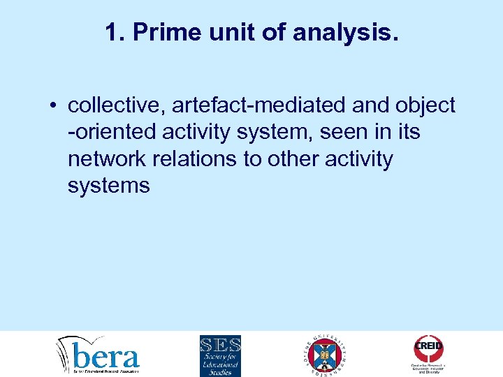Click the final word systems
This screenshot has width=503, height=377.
109,185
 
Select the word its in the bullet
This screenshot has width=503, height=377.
407,132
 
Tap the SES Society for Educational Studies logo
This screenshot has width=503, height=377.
220,355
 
